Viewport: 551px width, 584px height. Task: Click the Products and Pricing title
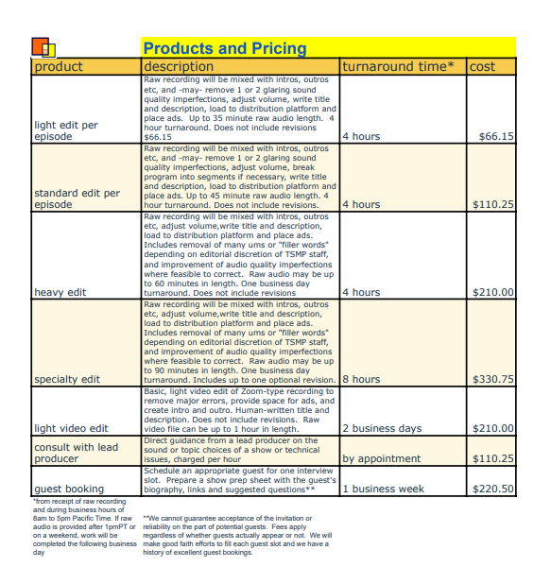pos(224,48)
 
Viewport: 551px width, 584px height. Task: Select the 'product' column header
pos(59,66)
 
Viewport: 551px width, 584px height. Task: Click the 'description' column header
pos(179,66)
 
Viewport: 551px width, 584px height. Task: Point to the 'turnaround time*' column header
pos(398,66)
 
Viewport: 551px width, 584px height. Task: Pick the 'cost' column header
pos(482,66)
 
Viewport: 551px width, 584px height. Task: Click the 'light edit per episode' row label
pos(66,130)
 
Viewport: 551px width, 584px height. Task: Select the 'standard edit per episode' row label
pos(77,198)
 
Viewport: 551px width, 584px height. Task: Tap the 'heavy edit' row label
pos(60,292)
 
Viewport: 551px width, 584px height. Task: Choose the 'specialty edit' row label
pos(66,379)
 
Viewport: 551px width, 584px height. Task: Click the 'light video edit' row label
pos(71,428)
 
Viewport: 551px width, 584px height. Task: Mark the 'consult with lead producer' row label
pos(76,453)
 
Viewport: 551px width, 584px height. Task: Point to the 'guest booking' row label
pos(69,490)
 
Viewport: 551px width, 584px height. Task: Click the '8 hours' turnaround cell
pos(361,379)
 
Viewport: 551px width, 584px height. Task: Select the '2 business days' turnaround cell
pos(383,428)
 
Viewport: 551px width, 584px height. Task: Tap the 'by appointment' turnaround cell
pos(381,458)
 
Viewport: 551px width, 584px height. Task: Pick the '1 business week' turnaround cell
pos(384,490)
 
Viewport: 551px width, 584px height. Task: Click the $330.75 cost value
pos(492,379)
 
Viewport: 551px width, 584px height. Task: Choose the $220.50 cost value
pos(492,490)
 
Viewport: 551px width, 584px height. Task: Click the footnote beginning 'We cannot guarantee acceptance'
pos(236,535)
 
